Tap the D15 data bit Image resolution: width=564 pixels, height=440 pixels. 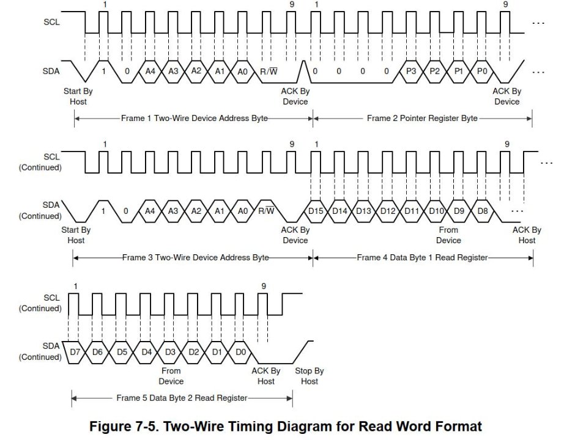coord(316,210)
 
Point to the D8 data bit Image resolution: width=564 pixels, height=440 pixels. coord(483,210)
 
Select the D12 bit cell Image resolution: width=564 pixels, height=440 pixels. coord(388,210)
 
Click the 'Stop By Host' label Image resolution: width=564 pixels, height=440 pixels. coord(310,376)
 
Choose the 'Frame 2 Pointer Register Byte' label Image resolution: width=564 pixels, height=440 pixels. coord(422,118)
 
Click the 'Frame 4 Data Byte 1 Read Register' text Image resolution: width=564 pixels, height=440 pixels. coord(422,257)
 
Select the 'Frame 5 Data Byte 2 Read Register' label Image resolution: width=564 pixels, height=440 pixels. coord(182,398)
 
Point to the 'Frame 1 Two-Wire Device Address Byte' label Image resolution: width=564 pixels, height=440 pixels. coord(195,118)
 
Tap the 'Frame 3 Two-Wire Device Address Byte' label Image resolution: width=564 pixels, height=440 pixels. coord(195,257)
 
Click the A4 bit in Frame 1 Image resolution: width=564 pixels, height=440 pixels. coord(150,71)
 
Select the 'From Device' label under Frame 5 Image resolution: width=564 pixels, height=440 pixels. coord(171,376)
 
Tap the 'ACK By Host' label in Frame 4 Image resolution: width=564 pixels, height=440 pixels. coord(527,235)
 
